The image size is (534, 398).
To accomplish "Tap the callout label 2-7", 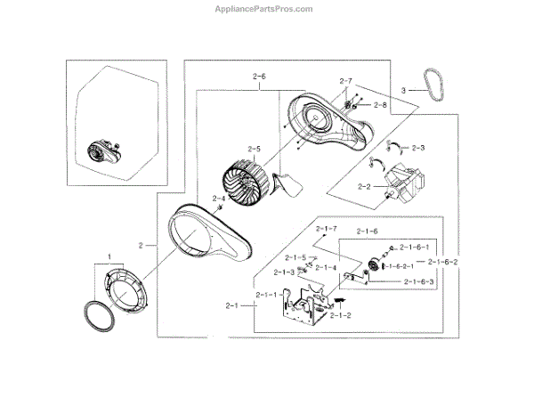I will pos(345,82).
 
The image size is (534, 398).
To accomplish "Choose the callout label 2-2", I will pos(363,187).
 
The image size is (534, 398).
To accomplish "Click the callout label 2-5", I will pos(254,149).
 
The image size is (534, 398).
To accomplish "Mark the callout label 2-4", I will pos(218,199).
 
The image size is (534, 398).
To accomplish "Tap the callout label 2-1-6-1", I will pos(415,247).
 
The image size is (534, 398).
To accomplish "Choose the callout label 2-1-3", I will pos(284,272).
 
